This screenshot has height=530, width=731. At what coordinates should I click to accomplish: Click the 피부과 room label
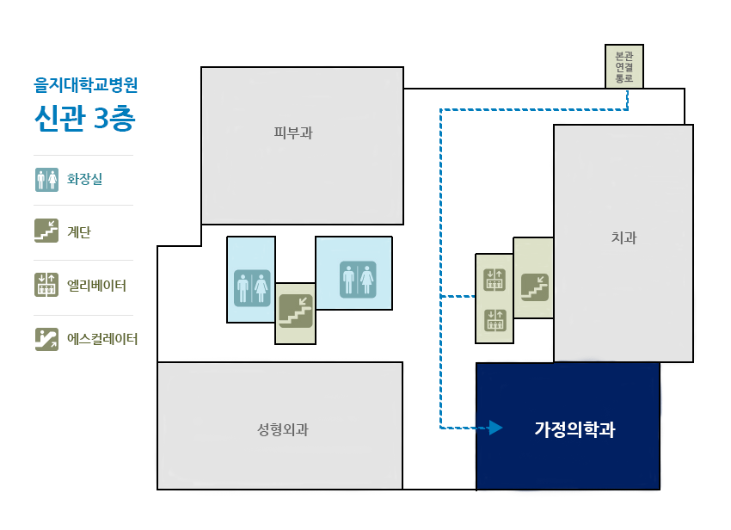click(293, 133)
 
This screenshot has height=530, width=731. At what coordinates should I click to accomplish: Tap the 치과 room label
click(623, 237)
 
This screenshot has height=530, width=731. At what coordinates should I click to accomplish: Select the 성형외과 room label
click(283, 429)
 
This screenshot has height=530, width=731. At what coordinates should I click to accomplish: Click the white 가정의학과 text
click(574, 429)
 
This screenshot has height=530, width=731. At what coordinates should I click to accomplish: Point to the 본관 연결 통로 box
click(624, 67)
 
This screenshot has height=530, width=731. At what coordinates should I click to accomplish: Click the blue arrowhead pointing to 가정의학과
click(495, 428)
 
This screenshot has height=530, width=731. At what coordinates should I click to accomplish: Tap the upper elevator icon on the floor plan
click(494, 280)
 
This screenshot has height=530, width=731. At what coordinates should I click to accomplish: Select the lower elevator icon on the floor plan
click(494, 321)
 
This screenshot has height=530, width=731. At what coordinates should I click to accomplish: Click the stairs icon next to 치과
click(535, 287)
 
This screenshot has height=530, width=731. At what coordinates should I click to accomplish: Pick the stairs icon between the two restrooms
click(296, 311)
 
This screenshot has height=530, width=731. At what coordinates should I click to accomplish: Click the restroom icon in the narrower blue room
click(252, 288)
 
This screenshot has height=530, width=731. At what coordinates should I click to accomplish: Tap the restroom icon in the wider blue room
click(358, 280)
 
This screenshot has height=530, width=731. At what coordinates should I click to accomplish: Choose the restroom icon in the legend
click(46, 180)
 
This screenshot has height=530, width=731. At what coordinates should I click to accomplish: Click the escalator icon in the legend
click(46, 339)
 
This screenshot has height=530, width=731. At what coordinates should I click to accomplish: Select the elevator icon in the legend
click(46, 285)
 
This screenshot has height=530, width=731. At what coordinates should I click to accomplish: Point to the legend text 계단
click(79, 232)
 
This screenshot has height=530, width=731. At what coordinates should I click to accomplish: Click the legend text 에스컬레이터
click(102, 339)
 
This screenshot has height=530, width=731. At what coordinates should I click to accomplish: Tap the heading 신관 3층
click(85, 118)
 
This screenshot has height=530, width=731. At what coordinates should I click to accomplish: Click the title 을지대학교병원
click(86, 85)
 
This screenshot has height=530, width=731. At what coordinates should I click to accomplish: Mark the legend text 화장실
click(84, 179)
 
